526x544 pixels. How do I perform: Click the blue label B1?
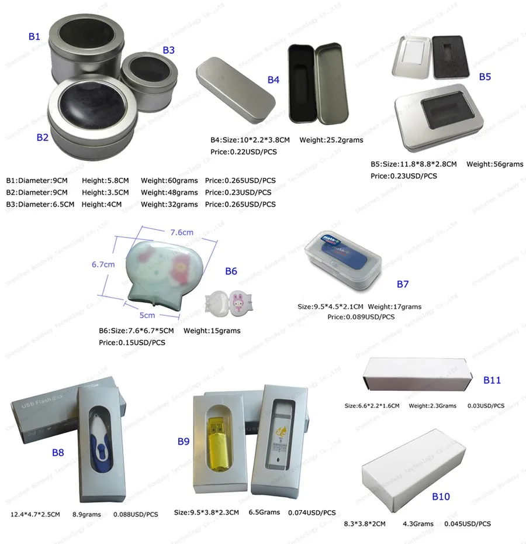[34, 37]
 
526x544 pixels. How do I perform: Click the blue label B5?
[485, 77]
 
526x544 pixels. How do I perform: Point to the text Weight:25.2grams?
[331, 140]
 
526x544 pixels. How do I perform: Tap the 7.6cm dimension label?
[181, 232]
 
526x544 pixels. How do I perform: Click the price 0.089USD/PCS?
[361, 317]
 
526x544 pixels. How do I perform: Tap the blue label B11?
[492, 380]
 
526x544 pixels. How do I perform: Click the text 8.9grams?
[86, 515]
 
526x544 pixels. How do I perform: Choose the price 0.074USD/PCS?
[312, 512]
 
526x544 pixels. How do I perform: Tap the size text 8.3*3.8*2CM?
[365, 524]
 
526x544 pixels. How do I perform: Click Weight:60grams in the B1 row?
[169, 181]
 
